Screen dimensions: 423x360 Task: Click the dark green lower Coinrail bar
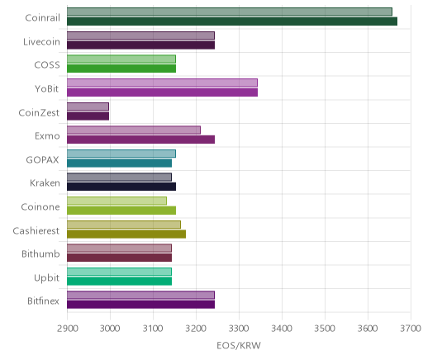232,21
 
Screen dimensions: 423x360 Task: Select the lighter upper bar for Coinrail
230,12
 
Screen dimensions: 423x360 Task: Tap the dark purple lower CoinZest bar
88,116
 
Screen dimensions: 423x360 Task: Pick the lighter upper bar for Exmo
134,130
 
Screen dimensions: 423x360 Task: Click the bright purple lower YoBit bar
162,92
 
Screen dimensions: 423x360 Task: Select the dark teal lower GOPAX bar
119,163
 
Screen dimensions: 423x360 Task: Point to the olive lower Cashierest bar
126,234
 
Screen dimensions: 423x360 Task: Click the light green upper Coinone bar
116,201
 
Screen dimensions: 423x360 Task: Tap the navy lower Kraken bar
121,187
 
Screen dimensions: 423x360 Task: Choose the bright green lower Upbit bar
119,281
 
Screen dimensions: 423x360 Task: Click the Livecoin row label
41,41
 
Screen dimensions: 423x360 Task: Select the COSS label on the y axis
47,65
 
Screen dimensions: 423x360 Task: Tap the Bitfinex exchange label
43,301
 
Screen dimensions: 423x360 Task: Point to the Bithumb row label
40,253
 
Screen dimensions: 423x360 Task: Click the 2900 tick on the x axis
67,329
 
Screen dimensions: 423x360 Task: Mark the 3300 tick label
239,329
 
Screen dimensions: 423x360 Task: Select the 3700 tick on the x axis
411,329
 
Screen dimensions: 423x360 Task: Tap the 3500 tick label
325,329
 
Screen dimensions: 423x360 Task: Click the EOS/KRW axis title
239,345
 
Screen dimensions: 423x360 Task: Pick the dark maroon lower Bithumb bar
119,258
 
